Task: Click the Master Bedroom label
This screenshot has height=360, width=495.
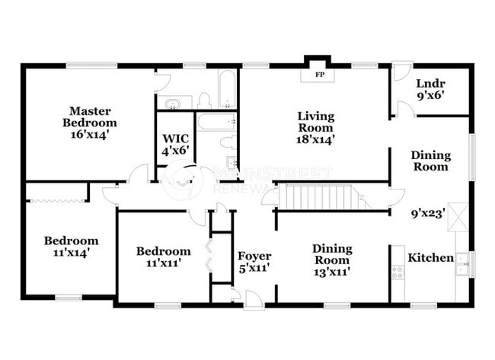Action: [89, 123]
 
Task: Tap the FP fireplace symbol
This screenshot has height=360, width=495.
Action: [318, 75]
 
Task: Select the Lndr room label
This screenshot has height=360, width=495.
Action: [430, 84]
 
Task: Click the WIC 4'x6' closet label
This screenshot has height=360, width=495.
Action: [175, 145]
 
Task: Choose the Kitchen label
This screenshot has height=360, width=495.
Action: [430, 258]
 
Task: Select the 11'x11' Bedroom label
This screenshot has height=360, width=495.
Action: [163, 257]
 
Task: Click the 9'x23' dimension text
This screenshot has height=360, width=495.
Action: [430, 214]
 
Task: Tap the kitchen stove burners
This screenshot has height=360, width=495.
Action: [398, 271]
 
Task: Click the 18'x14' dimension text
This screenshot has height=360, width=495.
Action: [316, 139]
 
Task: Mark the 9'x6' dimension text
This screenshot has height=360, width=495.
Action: [430, 96]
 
